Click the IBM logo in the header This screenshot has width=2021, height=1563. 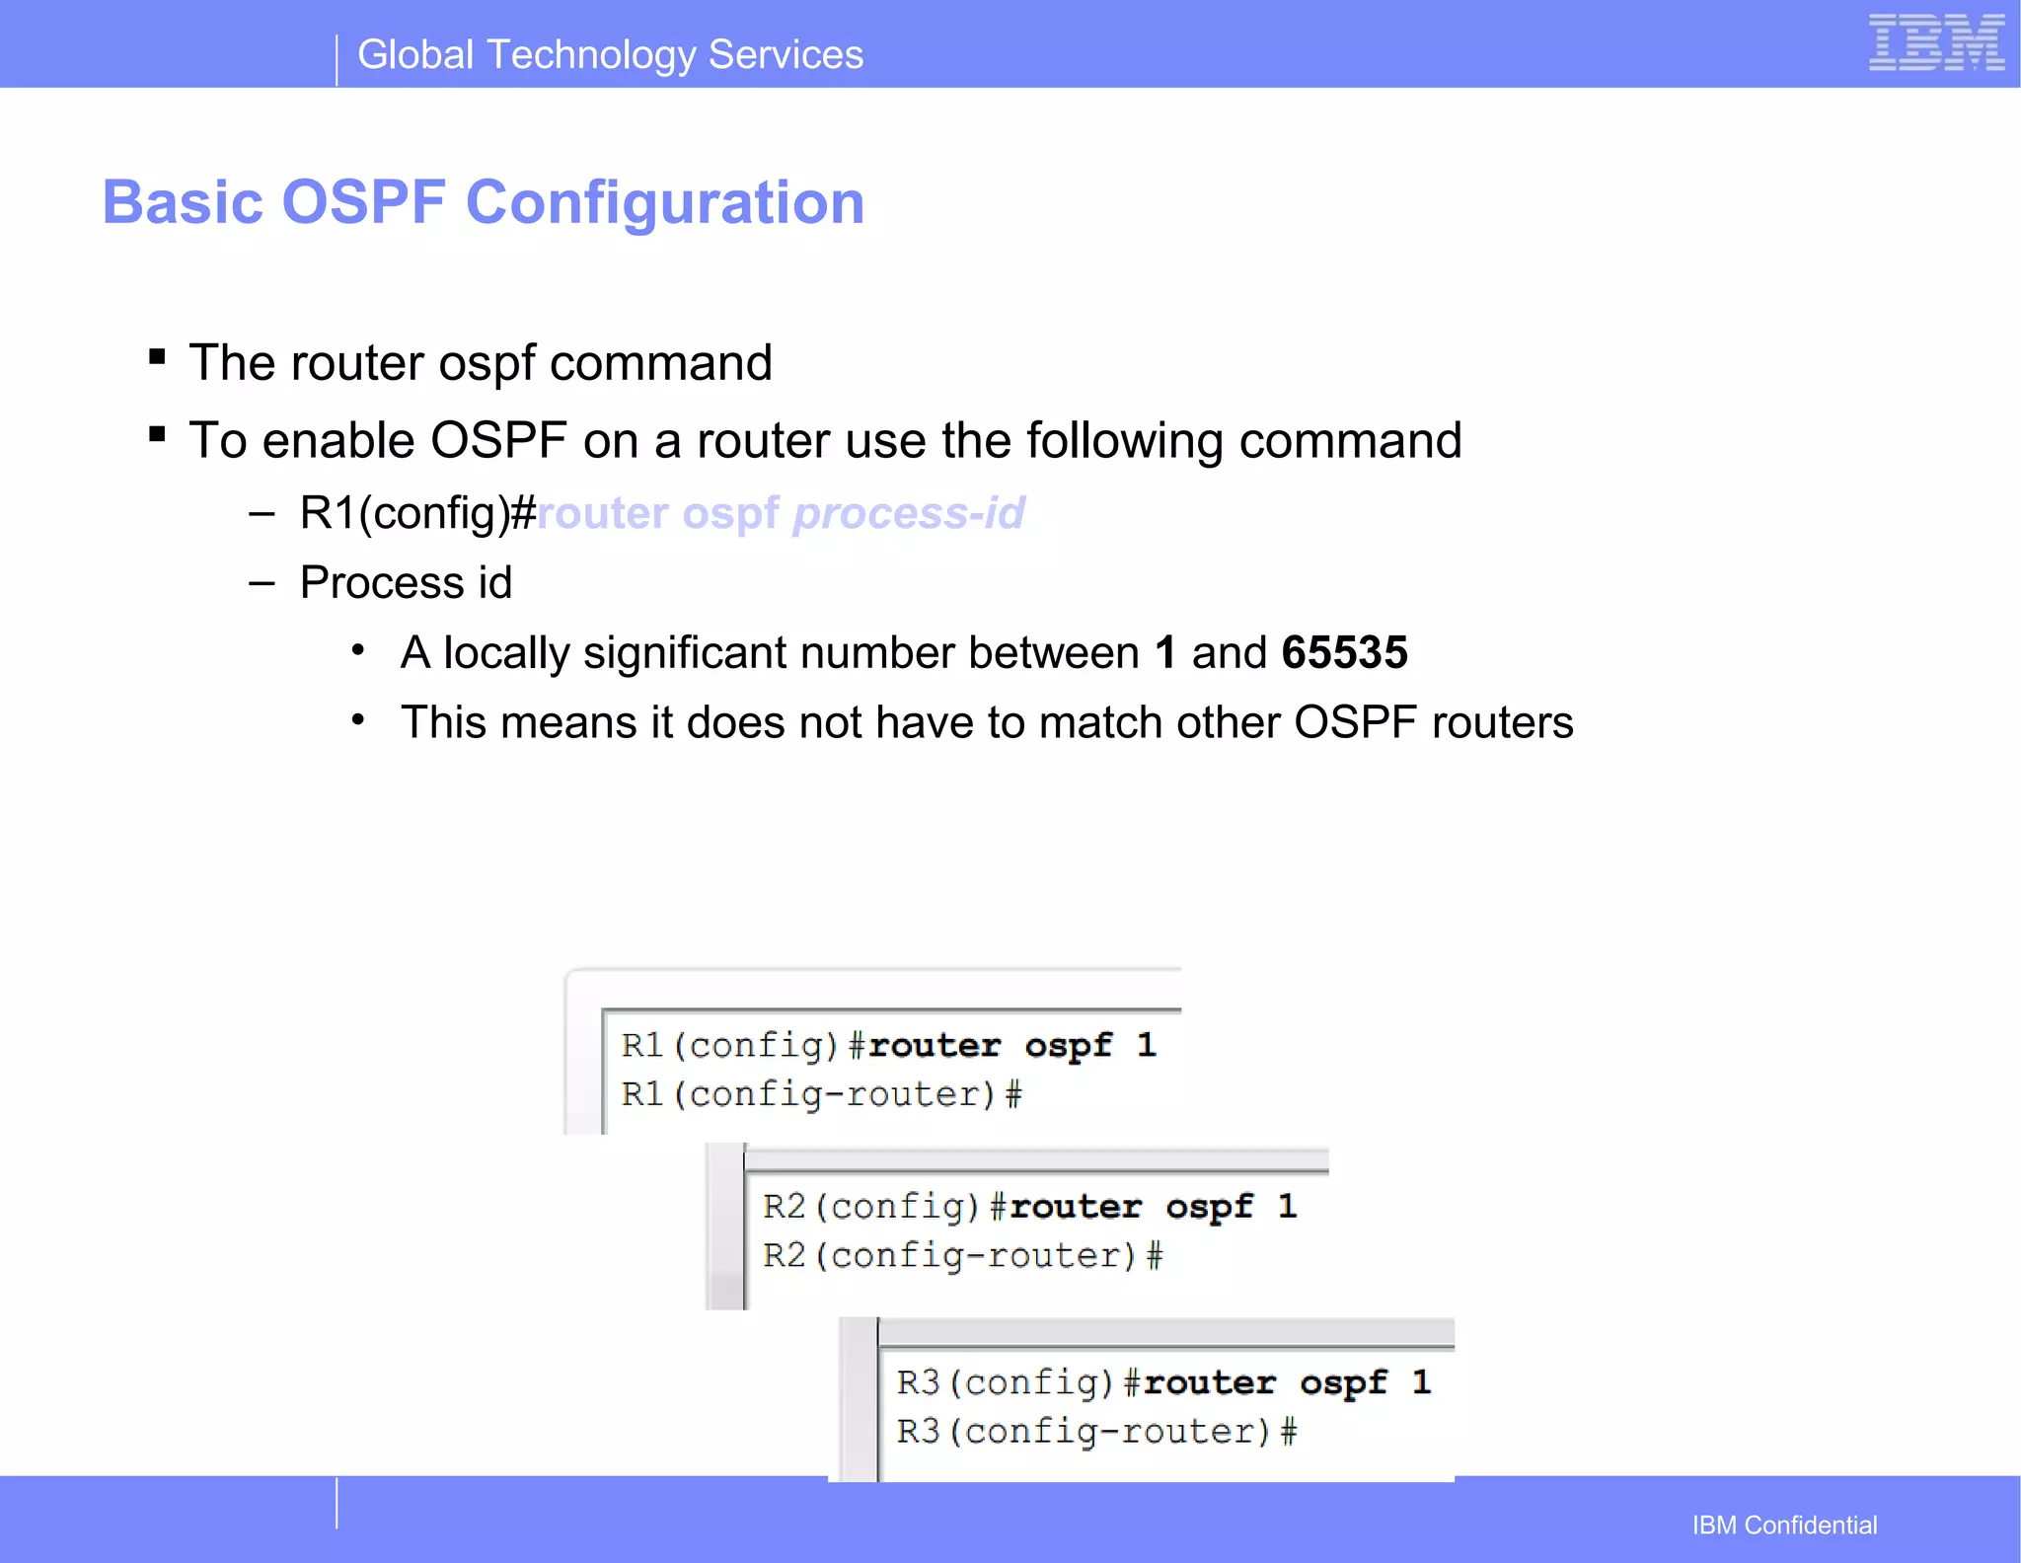tap(1935, 43)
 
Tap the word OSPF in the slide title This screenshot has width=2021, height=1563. tap(363, 202)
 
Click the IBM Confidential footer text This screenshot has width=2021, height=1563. tap(1784, 1525)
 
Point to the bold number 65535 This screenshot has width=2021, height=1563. tap(1344, 652)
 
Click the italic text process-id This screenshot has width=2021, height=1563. tap(909, 513)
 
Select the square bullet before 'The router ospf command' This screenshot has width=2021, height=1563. tap(157, 357)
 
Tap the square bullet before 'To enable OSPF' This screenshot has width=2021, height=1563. tap(157, 434)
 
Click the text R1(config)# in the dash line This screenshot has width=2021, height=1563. tap(417, 513)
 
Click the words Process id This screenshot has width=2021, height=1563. tap(406, 582)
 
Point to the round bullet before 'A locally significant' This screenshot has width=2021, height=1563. tap(358, 650)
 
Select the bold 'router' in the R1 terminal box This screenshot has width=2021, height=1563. tap(934, 1046)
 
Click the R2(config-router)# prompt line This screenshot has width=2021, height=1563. tap(962, 1256)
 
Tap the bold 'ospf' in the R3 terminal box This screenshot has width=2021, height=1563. tap(1343, 1383)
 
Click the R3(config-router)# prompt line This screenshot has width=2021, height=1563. tap(1096, 1432)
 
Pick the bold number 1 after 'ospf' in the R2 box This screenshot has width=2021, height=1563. tap(1287, 1206)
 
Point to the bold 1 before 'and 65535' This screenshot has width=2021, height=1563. tap(1165, 652)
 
